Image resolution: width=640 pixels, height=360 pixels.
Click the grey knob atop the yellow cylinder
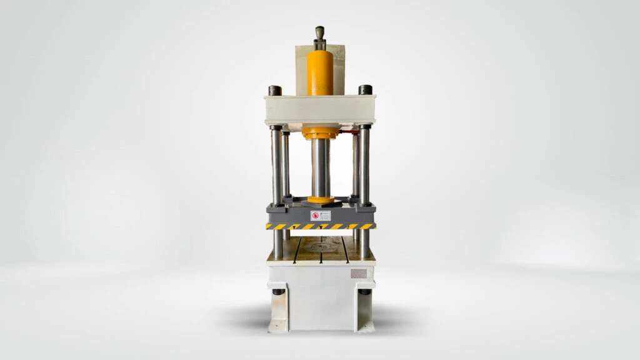320,32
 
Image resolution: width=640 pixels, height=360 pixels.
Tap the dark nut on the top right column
366,90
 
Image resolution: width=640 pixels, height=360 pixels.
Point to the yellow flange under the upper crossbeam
320,132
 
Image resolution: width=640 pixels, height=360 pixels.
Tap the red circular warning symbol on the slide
316,216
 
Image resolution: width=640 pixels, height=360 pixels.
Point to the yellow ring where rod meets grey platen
320,200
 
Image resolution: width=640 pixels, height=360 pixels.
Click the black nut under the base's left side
277,292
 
